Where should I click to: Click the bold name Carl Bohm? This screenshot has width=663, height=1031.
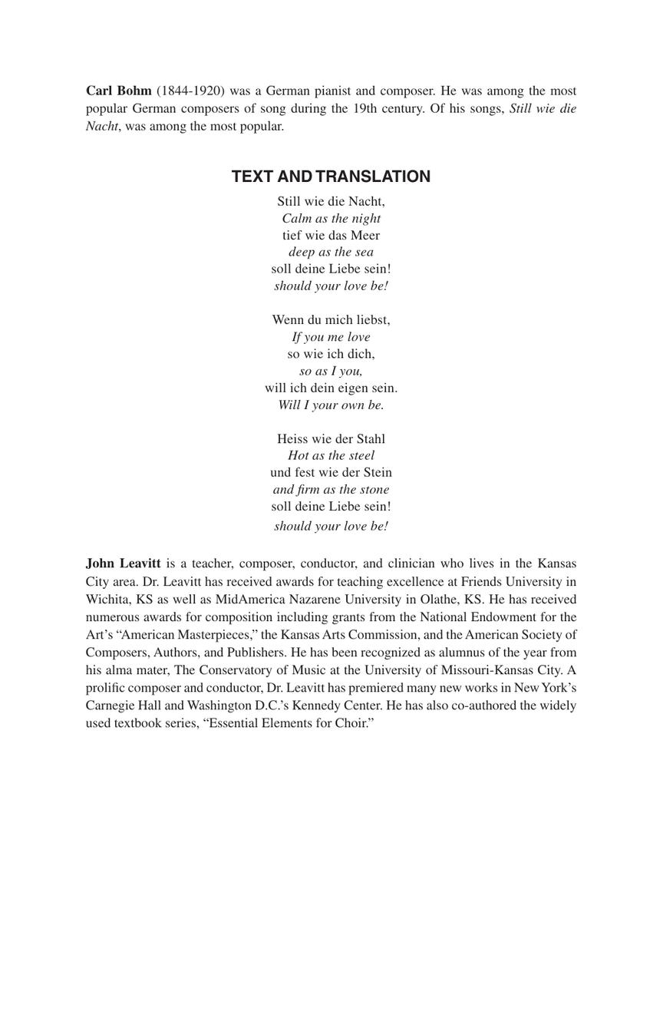[x=119, y=91]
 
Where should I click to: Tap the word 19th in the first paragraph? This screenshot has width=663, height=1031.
[x=368, y=108]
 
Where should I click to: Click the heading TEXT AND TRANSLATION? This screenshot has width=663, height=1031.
[x=331, y=177]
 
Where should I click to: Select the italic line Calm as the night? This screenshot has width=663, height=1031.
[x=331, y=218]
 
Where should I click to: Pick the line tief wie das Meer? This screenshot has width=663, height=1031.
[x=331, y=235]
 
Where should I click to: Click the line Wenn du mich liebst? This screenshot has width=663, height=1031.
[x=331, y=319]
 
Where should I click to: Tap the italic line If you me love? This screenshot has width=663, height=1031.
[x=331, y=337]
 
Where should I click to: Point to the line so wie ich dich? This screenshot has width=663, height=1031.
[x=331, y=354]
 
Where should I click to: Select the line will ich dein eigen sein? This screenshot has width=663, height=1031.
[x=331, y=388]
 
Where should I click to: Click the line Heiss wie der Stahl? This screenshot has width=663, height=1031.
[x=331, y=439]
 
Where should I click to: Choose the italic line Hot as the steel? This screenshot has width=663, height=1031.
[x=331, y=455]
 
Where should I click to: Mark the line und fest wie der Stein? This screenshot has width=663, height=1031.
[x=331, y=472]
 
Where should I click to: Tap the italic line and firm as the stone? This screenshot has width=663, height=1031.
[x=331, y=490]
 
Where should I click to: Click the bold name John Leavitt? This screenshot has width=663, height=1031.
[x=124, y=563]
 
